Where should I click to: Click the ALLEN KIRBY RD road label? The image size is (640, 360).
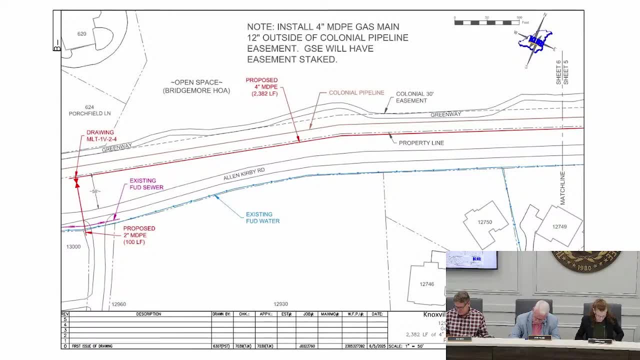(x=244, y=174)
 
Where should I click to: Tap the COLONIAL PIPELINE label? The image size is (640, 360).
(x=356, y=93)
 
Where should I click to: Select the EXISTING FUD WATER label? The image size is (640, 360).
(x=262, y=218)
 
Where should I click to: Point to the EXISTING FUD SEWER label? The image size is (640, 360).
(x=146, y=184)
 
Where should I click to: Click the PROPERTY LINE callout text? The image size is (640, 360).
(x=421, y=143)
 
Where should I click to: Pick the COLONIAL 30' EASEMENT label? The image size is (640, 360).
(x=414, y=97)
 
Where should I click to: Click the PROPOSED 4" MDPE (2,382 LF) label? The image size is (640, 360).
(x=261, y=87)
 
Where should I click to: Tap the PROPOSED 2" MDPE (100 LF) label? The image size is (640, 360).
(x=139, y=235)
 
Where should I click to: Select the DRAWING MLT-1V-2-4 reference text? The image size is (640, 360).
(x=101, y=136)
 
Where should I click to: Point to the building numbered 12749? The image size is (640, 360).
(x=559, y=227)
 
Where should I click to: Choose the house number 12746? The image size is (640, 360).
(x=426, y=284)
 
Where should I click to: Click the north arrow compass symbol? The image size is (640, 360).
(x=535, y=40)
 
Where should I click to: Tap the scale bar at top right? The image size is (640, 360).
(x=486, y=22)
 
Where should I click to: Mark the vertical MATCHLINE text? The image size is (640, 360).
(x=562, y=188)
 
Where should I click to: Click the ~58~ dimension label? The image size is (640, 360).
(x=94, y=191)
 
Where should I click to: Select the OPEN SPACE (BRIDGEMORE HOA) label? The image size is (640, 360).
(x=196, y=86)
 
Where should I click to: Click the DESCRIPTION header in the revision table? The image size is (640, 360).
(x=148, y=314)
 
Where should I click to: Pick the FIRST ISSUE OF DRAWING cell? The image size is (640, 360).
(x=92, y=346)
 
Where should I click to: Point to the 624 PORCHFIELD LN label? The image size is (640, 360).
(x=89, y=110)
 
